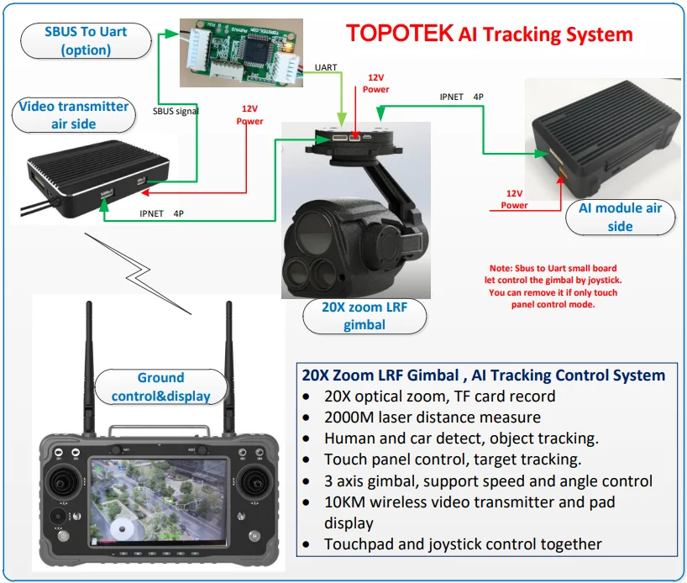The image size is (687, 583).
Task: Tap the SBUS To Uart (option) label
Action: coord(86,40)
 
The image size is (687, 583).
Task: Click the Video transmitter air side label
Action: coord(74,115)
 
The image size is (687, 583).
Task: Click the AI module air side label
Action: coord(620,217)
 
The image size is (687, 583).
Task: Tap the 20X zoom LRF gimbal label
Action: coord(364,316)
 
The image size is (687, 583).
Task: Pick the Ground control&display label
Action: coord(160,386)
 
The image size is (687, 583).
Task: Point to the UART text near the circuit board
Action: coord(326,67)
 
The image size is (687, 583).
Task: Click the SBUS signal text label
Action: coord(176,110)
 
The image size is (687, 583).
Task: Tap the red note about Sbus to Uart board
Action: coord(553,284)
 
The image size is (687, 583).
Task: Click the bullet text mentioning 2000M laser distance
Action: coord(432,417)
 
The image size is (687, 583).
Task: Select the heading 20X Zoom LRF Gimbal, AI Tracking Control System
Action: coord(482,375)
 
